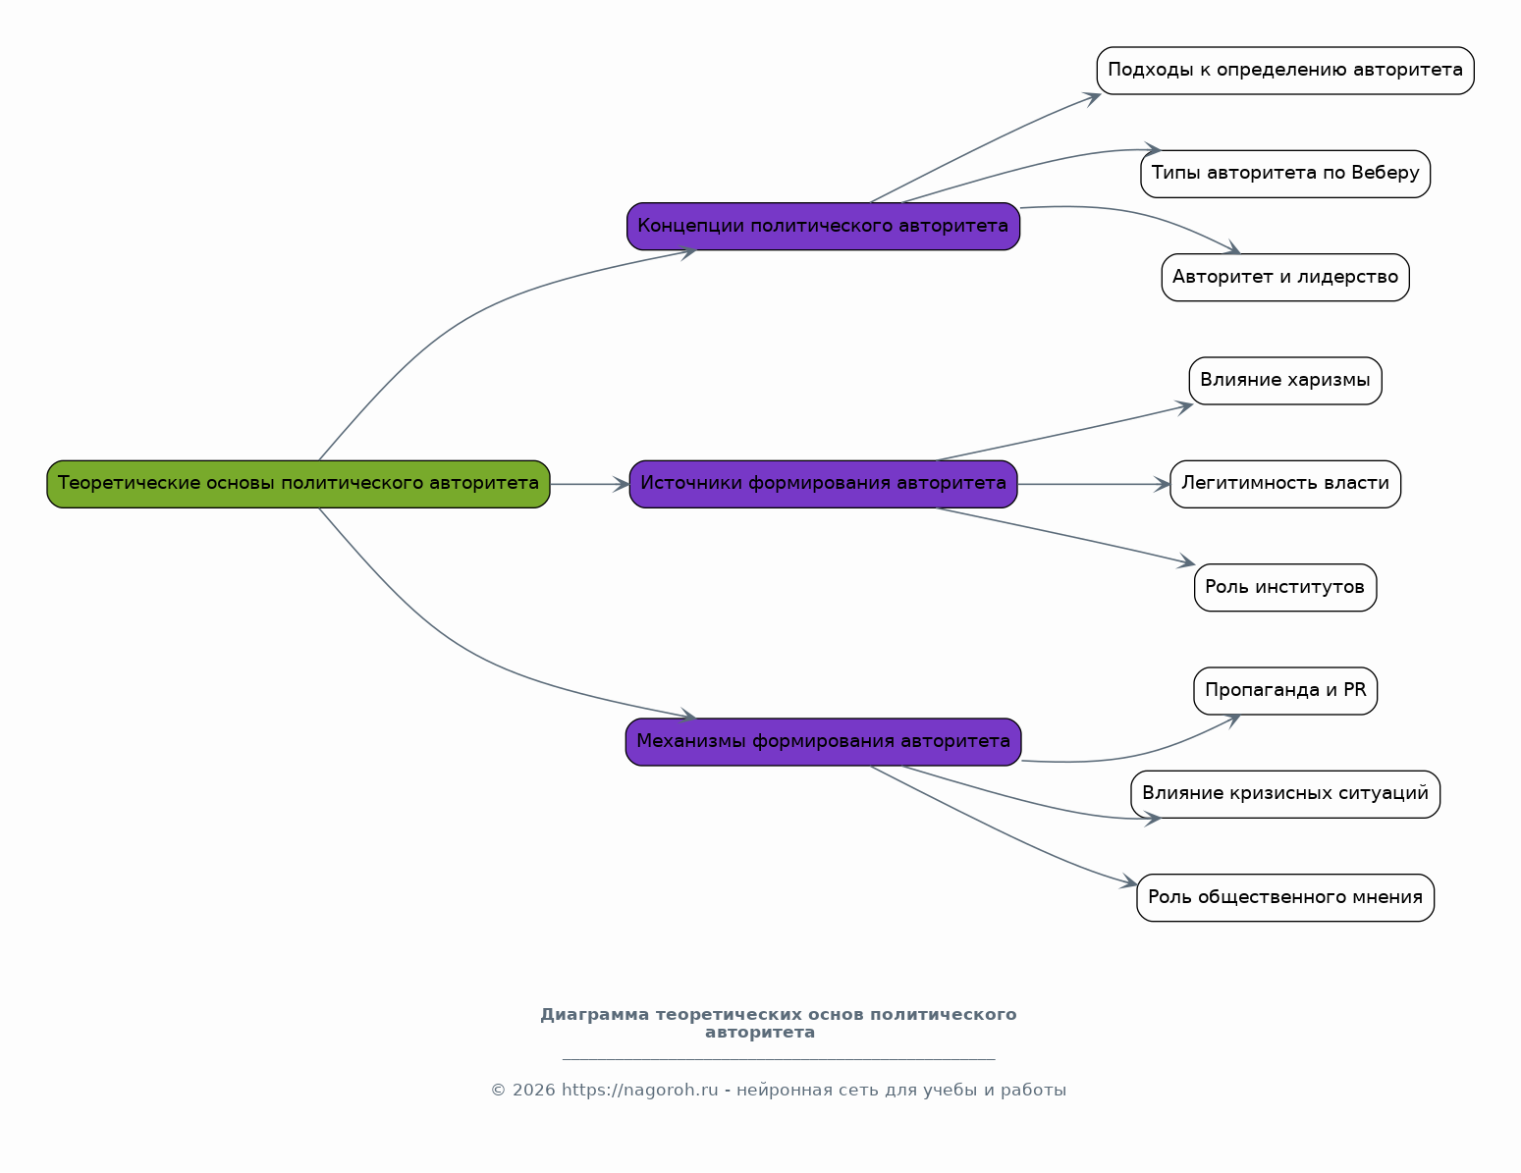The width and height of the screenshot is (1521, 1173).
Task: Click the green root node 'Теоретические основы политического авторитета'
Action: coord(299,484)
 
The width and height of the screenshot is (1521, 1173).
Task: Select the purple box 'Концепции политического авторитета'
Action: coord(823,227)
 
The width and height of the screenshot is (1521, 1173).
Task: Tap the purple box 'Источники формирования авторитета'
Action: coord(823,484)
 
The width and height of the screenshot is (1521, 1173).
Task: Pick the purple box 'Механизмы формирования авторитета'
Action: coord(823,741)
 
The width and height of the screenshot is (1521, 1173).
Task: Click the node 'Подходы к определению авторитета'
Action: coord(1285,71)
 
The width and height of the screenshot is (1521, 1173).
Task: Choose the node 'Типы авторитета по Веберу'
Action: coord(1285,174)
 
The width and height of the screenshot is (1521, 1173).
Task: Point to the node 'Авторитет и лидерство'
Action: coord(1285,278)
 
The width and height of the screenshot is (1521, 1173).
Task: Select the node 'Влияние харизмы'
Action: coord(1285,381)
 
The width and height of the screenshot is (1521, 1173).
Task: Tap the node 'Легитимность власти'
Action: coord(1285,484)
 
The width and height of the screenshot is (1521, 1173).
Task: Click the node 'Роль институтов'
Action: coord(1285,588)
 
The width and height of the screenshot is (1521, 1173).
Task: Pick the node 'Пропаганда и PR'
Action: coord(1285,691)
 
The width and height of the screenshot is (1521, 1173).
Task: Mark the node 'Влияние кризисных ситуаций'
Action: coord(1285,794)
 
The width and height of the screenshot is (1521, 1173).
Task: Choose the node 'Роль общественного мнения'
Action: coord(1285,897)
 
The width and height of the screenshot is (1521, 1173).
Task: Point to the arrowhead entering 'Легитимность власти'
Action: coord(1163,484)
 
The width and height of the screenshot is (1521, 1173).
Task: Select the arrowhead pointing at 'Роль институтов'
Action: coord(1187,560)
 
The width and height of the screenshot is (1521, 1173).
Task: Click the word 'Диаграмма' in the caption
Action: coord(594,1014)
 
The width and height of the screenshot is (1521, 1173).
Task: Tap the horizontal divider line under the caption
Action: coord(779,1060)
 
